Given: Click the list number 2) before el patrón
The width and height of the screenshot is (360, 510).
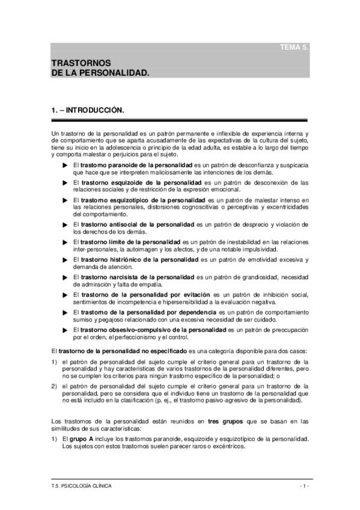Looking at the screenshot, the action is tap(54, 385).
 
